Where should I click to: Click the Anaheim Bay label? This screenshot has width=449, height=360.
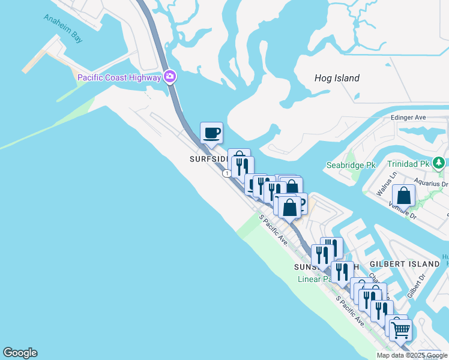(x=62, y=26)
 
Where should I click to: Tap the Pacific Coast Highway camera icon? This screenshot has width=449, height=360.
(x=170, y=76)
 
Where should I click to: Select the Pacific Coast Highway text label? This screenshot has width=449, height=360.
(x=119, y=77)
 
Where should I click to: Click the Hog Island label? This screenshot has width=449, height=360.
(x=337, y=78)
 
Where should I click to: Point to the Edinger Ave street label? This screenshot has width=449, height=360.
(x=408, y=118)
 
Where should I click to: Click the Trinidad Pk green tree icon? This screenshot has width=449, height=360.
(x=439, y=163)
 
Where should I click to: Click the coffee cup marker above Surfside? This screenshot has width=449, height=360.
(x=211, y=133)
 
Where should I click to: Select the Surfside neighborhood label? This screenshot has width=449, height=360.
(x=208, y=159)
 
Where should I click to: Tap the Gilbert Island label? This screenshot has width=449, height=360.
(x=405, y=264)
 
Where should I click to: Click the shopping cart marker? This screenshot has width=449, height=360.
(x=400, y=329)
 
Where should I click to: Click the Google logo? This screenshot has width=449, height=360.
(x=20, y=353)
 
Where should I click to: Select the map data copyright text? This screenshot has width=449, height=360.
(x=412, y=355)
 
